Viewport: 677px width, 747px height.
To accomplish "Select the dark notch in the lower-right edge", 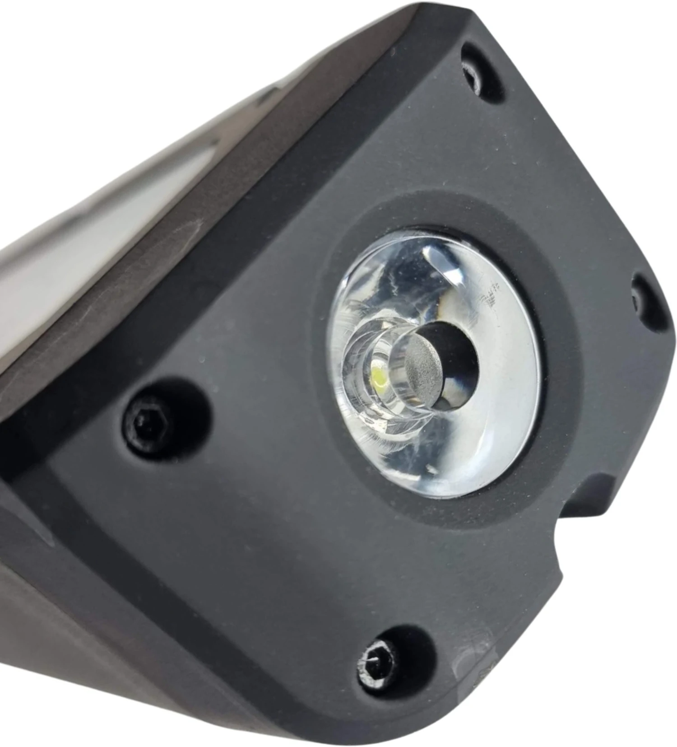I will click(582, 501).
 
